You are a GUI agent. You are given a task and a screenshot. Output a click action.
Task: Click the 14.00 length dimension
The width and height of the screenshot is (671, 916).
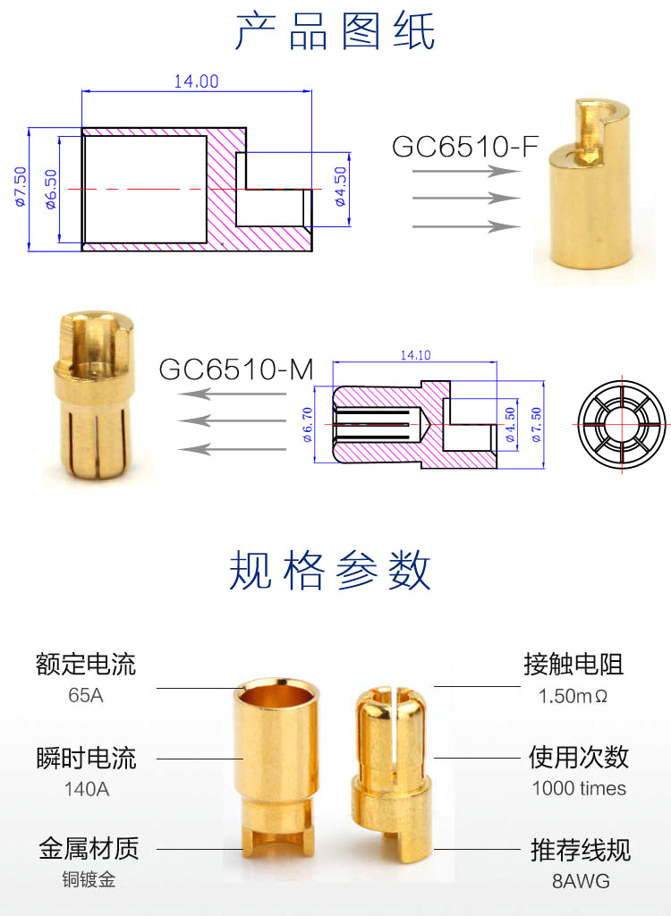point(196,81)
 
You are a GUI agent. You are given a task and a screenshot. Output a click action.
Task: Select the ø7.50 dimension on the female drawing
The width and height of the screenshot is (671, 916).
point(21,188)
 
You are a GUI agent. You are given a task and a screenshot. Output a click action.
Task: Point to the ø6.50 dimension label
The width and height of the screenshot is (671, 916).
point(50,189)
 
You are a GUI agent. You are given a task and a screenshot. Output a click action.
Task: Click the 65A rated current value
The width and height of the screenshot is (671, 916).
point(85,694)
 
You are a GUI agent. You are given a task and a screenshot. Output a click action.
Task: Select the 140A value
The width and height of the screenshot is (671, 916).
point(85,789)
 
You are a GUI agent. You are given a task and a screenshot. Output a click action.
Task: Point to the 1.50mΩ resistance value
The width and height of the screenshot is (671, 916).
point(573,695)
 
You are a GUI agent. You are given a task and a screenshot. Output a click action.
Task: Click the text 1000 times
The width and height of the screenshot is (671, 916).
point(579,788)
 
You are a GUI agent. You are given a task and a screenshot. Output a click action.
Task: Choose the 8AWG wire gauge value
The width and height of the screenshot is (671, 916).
point(581,881)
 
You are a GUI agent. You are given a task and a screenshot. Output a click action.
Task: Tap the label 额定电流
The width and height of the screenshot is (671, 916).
point(86,665)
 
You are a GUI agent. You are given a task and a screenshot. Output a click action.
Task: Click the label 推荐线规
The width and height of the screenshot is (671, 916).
point(581,850)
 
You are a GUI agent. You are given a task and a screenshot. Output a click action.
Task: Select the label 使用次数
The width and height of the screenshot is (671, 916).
point(579,758)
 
